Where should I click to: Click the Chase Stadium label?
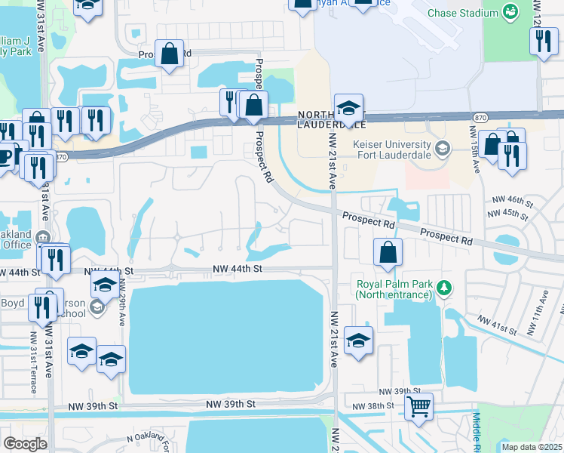462,13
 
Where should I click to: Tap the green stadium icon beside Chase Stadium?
511,12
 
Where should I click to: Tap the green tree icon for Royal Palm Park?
445,287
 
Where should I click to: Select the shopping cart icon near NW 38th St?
418,407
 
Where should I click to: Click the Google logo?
25,444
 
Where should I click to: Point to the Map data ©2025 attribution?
532,447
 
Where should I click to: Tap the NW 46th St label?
513,202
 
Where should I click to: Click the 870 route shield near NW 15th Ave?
480,118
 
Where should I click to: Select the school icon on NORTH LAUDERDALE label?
348,107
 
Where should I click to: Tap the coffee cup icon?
6,155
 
